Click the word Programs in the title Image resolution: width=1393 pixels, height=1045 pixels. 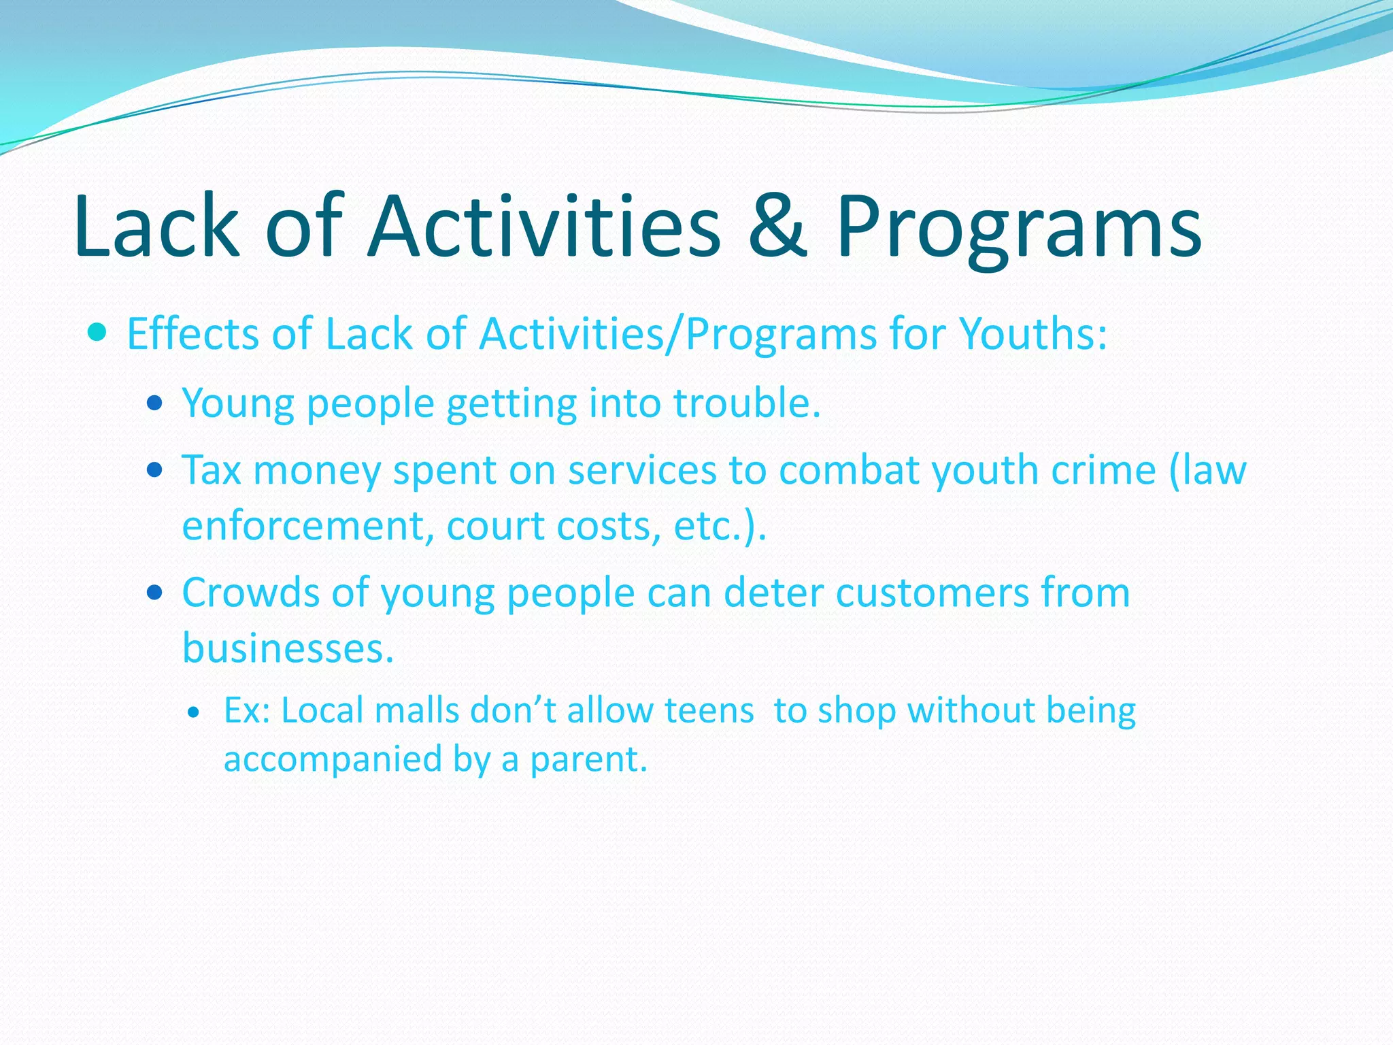coord(1018,228)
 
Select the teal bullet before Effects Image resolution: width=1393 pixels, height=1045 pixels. coord(98,333)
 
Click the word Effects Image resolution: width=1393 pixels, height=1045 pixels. coord(192,334)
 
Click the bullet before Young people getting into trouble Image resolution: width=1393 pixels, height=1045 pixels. coord(155,403)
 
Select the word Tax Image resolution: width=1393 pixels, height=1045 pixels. coord(212,470)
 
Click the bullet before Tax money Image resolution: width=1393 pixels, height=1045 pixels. coord(155,470)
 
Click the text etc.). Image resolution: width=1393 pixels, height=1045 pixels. coord(720,526)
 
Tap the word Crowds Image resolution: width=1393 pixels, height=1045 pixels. coord(250,593)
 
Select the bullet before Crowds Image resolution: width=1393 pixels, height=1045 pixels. coord(155,593)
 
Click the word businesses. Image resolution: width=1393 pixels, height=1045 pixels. coord(288,648)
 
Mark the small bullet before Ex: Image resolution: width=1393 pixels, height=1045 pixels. coord(195,713)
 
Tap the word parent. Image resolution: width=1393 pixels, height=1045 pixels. coord(588,760)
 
